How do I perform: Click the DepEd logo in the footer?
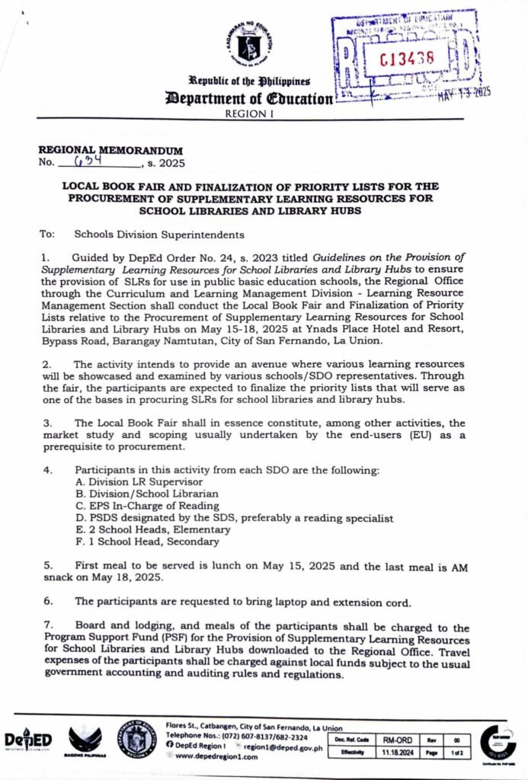point(27,740)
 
